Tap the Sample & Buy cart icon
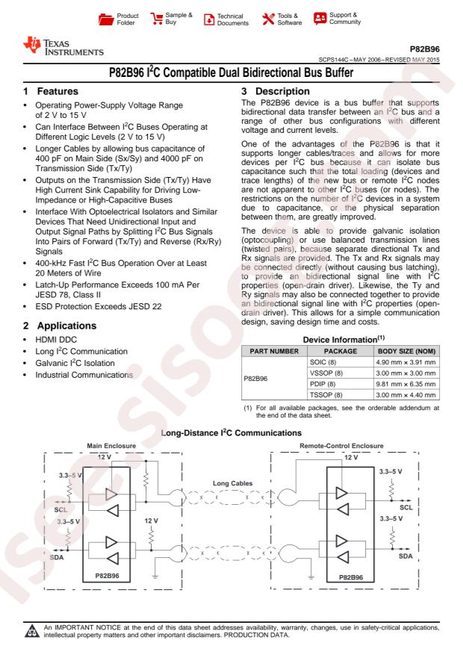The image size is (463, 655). [158, 16]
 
